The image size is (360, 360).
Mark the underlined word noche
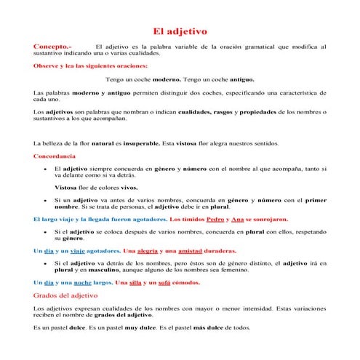pyautogui.click(x=80, y=281)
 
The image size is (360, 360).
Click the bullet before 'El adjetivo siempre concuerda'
pyautogui.click(x=46, y=169)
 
